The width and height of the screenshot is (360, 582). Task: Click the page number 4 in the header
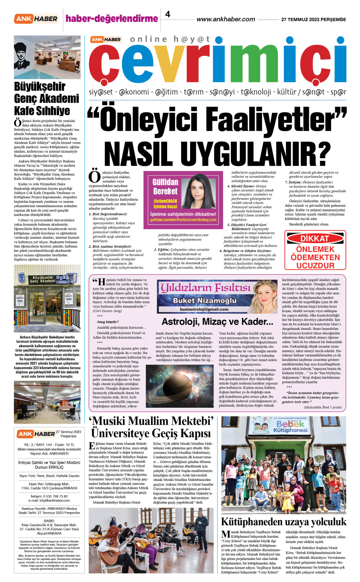click(x=168, y=14)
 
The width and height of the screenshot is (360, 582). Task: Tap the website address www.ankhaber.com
click(x=226, y=19)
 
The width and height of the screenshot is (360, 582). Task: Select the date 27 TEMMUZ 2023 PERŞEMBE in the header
click(x=313, y=20)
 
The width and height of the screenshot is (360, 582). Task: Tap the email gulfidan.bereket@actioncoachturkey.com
click(x=183, y=220)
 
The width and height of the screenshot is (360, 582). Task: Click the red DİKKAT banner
click(x=315, y=239)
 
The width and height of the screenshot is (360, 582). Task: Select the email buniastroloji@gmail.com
click(x=204, y=309)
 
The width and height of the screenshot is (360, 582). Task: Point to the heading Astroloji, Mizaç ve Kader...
click(x=217, y=322)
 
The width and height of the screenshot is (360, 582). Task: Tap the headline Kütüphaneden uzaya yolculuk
click(x=283, y=522)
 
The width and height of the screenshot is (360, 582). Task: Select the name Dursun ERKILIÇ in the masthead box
click(x=49, y=467)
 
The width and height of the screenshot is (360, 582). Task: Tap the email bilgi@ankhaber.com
click(x=55, y=501)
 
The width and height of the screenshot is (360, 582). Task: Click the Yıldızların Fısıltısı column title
click(x=206, y=288)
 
